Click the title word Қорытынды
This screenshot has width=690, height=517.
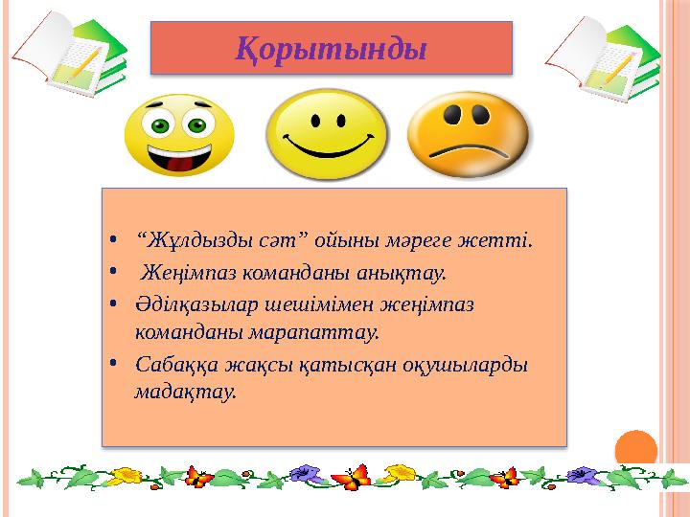pyautogui.click(x=331, y=49)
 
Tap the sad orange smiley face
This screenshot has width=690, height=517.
pyautogui.click(x=469, y=135)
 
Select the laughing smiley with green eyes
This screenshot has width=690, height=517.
pyautogui.click(x=179, y=135)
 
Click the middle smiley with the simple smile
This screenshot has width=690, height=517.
pyautogui.click(x=327, y=135)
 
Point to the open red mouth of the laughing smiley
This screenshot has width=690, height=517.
pyautogui.click(x=179, y=158)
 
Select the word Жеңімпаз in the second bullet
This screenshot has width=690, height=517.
pyautogui.click(x=189, y=273)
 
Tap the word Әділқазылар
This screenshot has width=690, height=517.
pyautogui.click(x=196, y=304)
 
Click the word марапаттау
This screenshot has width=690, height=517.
pyautogui.click(x=314, y=332)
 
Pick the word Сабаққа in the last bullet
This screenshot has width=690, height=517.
pyautogui.click(x=177, y=366)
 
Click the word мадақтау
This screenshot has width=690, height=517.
pyautogui.click(x=185, y=392)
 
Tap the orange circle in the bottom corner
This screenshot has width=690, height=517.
pyautogui.click(x=636, y=449)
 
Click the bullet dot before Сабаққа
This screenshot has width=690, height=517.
pyautogui.click(x=113, y=363)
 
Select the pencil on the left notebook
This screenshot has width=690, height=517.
pyautogui.click(x=86, y=63)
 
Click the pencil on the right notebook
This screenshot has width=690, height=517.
pyautogui.click(x=620, y=68)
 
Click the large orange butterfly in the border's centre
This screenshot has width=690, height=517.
pyautogui.click(x=352, y=478)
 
